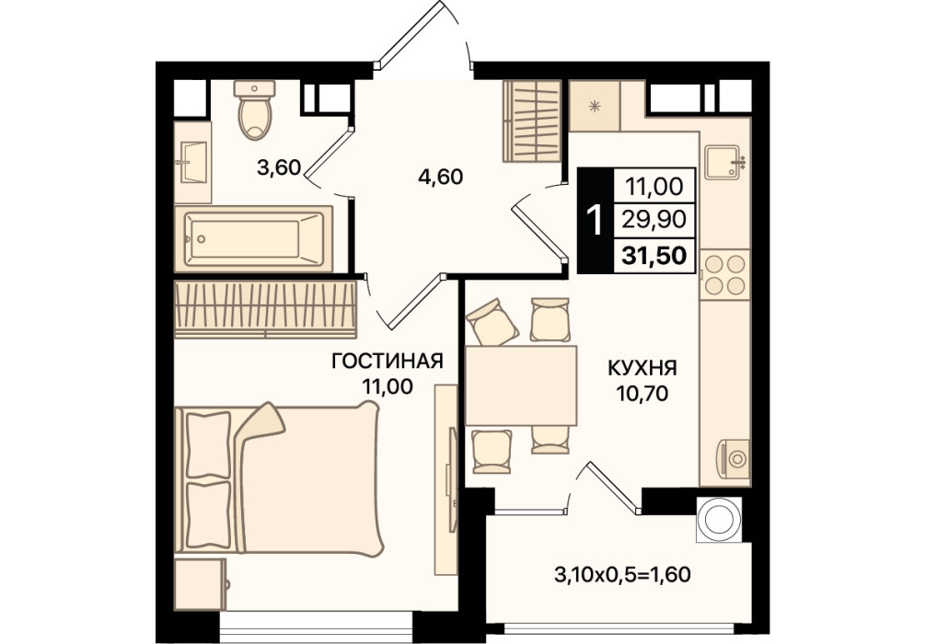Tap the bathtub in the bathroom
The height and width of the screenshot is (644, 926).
[253, 239]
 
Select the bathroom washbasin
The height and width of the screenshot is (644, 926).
[192, 162]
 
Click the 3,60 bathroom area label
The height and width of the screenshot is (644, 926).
[279, 168]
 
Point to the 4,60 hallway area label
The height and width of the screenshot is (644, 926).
[440, 177]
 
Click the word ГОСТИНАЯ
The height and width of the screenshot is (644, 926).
[388, 361]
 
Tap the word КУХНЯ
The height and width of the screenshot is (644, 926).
[642, 368]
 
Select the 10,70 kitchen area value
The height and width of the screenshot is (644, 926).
[642, 393]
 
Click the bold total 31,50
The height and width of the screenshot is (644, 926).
[654, 256]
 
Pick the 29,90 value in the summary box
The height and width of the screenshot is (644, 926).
[654, 220]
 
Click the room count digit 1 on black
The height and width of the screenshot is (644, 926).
[596, 220]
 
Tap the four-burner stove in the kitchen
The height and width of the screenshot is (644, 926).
[725, 274]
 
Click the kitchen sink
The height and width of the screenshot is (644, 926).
[724, 162]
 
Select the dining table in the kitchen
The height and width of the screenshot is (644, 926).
[520, 385]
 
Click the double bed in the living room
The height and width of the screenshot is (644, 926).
[279, 478]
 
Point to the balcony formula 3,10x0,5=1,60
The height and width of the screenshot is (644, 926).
[622, 574]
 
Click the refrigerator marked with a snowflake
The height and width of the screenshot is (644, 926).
[594, 106]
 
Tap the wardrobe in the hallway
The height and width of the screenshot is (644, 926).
[531, 121]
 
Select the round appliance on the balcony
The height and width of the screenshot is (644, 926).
[719, 519]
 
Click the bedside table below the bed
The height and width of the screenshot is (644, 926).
[201, 584]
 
